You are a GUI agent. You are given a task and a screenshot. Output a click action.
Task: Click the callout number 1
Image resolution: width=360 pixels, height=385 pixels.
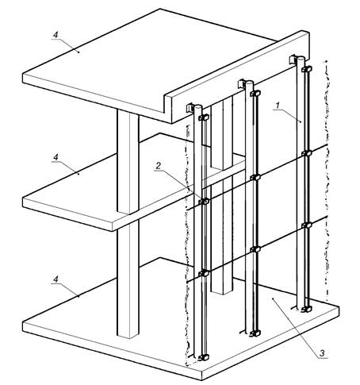278,106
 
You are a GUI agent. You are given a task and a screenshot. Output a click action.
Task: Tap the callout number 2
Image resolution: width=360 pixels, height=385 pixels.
158,166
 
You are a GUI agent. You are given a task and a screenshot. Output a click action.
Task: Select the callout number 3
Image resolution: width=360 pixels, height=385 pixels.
322,352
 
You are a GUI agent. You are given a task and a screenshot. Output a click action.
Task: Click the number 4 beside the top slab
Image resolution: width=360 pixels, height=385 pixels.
56,35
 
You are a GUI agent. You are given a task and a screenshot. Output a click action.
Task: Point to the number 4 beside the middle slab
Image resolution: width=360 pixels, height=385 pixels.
56,157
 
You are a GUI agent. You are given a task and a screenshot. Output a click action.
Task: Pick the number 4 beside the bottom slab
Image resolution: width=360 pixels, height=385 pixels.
56,279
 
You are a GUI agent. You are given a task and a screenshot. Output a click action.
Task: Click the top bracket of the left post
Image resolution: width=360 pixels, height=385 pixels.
190,107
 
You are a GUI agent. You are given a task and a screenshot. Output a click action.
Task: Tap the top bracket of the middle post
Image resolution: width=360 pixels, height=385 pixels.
242,83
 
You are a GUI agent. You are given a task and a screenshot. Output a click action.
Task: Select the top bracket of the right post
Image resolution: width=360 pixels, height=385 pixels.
293,59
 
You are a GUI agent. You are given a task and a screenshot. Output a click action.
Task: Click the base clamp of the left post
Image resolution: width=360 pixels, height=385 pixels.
204,357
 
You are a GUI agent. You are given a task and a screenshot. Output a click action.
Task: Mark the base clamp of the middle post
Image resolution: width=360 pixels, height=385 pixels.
255,333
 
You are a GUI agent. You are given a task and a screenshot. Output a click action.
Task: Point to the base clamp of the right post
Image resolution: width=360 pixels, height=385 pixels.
307,309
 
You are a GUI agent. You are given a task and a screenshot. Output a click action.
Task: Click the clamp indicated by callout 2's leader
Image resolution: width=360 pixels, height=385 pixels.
204,202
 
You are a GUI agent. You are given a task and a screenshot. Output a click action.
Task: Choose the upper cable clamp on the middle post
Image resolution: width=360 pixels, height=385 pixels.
255,177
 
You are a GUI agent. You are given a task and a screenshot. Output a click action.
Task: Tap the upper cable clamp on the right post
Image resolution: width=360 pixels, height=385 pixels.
307,153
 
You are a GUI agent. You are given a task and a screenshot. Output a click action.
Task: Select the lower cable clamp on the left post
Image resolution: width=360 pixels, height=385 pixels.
204,273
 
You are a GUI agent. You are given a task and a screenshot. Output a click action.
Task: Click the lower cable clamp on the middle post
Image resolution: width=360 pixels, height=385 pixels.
255,249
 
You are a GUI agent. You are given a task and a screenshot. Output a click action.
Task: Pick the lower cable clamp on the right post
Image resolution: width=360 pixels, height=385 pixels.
307,225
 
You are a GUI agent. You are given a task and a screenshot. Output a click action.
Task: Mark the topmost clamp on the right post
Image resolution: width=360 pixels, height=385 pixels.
307,69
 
